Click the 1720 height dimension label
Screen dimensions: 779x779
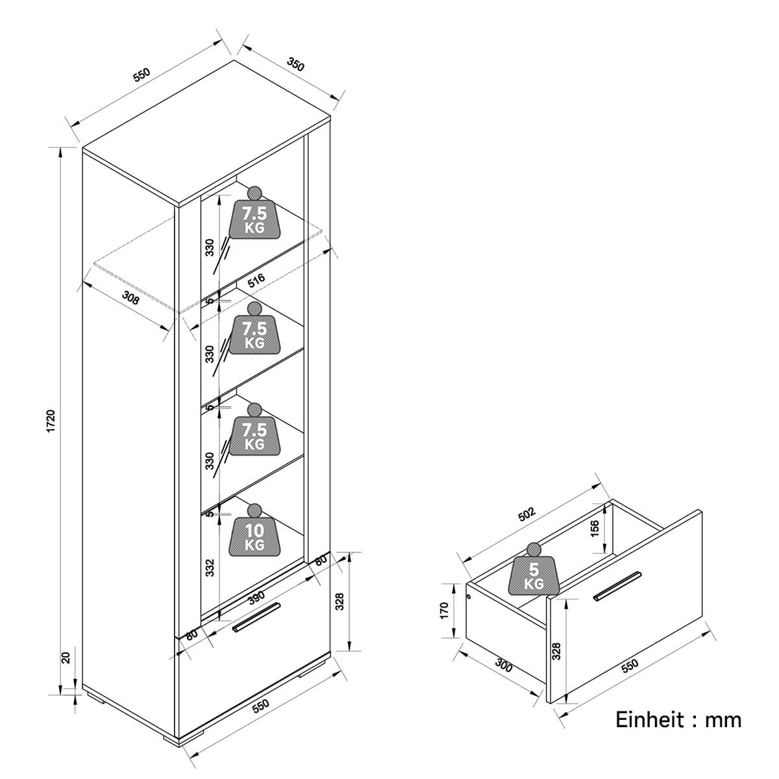51,421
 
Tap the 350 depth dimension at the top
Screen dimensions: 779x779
295,64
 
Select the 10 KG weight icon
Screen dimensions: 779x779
254,530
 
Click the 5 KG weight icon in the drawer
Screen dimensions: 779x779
534,569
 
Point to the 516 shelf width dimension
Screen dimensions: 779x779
256,280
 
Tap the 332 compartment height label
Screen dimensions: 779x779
210,567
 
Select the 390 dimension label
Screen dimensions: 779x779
256,597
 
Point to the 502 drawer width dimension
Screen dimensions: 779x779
526,514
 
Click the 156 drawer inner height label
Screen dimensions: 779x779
595,528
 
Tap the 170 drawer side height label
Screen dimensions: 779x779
444,610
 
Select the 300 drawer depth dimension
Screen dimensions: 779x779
504,666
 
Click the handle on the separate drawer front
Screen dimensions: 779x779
617,587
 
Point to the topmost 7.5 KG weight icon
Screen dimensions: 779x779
254,212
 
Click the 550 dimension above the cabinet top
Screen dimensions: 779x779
142,75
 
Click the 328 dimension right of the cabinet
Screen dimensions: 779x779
340,602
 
